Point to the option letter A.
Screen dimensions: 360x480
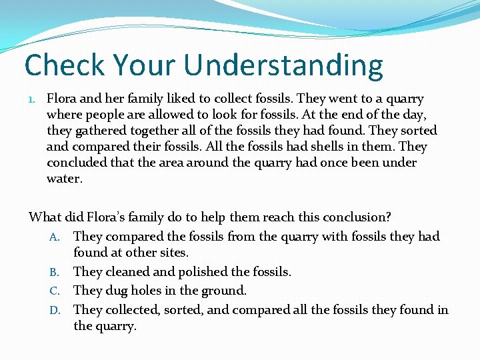(x=55, y=237)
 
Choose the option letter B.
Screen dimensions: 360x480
(x=55, y=273)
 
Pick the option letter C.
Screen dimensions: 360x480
(x=55, y=291)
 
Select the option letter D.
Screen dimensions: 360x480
(x=55, y=310)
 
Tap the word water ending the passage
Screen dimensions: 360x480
(x=63, y=179)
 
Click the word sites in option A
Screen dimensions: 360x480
(x=172, y=253)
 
